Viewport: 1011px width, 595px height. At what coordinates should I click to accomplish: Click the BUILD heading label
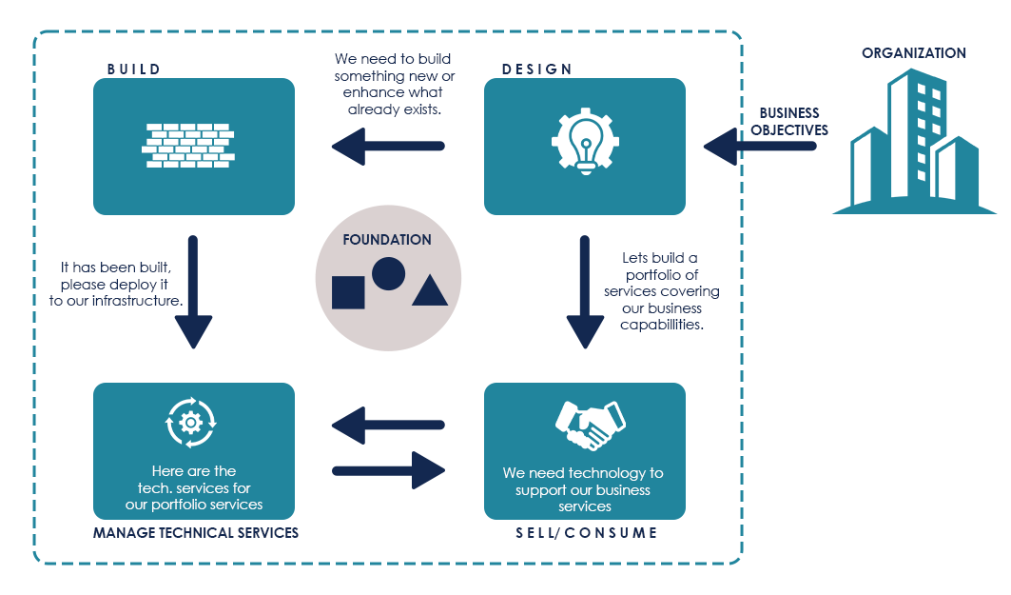[134, 69]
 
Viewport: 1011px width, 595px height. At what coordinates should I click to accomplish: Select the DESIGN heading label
[537, 69]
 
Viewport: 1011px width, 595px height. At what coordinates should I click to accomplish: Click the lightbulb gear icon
[585, 142]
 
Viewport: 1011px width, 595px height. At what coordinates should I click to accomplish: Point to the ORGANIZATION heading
[913, 53]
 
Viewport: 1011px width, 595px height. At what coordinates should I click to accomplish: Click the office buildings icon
[914, 143]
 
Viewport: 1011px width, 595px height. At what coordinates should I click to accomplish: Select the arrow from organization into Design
[760, 147]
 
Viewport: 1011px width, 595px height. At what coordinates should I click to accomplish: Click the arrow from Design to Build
[387, 147]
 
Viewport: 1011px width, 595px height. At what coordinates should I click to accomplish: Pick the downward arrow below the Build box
[193, 291]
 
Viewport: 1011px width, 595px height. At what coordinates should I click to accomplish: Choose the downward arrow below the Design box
[586, 291]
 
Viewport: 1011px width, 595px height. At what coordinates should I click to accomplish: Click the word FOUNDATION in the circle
[387, 240]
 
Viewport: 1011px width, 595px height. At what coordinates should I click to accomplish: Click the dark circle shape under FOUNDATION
[388, 273]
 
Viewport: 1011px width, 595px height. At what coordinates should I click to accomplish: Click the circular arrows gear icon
[191, 421]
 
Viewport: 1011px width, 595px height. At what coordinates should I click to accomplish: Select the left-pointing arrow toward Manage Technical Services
[387, 425]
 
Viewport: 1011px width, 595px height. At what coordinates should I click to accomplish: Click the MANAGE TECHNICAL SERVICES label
[196, 533]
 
